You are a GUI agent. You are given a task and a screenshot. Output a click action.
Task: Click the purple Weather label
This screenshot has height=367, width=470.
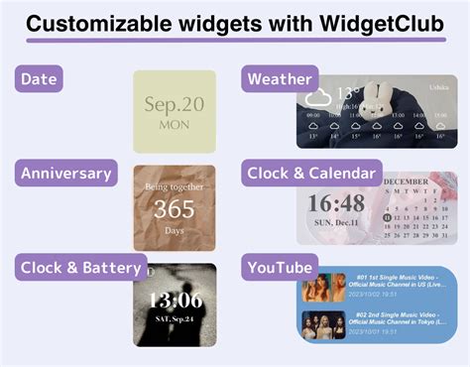click(280, 79)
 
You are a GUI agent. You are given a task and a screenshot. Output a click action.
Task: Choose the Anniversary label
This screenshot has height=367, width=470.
click(67, 174)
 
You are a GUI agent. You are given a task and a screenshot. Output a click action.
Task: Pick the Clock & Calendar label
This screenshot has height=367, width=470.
click(311, 174)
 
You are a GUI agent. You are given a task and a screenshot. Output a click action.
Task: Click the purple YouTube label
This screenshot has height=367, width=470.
click(280, 266)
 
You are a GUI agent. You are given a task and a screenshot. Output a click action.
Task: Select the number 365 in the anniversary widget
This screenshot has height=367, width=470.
click(174, 208)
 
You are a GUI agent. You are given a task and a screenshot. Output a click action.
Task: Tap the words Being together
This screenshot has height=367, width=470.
click(174, 185)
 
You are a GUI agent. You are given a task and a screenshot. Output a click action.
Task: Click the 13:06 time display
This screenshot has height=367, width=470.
click(175, 301)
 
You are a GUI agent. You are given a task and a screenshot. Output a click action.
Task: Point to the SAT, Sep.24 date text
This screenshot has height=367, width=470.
click(175, 320)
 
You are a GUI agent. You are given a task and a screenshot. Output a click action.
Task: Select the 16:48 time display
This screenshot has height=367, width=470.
click(336, 203)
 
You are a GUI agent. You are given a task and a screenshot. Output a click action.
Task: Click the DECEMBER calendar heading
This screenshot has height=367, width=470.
click(407, 183)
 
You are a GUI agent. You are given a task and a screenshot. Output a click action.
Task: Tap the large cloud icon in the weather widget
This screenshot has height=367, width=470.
click(317, 98)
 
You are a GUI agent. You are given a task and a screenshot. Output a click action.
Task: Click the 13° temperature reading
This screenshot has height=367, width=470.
click(348, 94)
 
